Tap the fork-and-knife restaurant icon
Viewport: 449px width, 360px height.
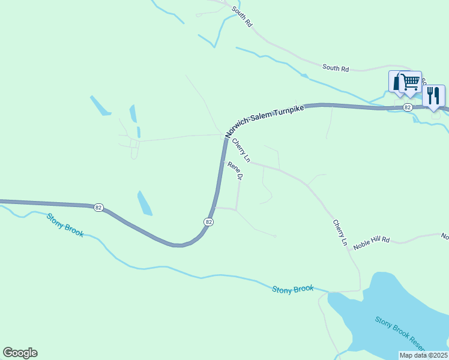(433, 95)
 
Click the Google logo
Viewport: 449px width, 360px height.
(20, 353)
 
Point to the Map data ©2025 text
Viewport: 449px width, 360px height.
(424, 355)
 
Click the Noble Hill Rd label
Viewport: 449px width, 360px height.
(372, 240)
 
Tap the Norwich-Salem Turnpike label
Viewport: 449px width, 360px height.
(265, 122)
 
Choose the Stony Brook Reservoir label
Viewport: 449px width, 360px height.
(400, 332)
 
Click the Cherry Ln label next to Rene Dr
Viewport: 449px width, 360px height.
(241, 150)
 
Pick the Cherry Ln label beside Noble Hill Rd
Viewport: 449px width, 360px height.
(340, 232)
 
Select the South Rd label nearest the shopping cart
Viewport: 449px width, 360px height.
(336, 69)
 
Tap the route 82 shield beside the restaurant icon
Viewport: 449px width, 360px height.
(408, 107)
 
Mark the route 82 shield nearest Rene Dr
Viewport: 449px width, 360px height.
(208, 221)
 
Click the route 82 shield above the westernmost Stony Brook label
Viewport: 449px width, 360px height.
(98, 208)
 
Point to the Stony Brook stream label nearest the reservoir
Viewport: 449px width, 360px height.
(293, 289)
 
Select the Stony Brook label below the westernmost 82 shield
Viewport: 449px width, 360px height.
(65, 224)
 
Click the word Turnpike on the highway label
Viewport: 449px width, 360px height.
(289, 112)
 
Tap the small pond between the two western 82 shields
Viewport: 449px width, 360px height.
(145, 203)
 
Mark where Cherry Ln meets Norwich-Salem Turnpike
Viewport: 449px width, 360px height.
(226, 137)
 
